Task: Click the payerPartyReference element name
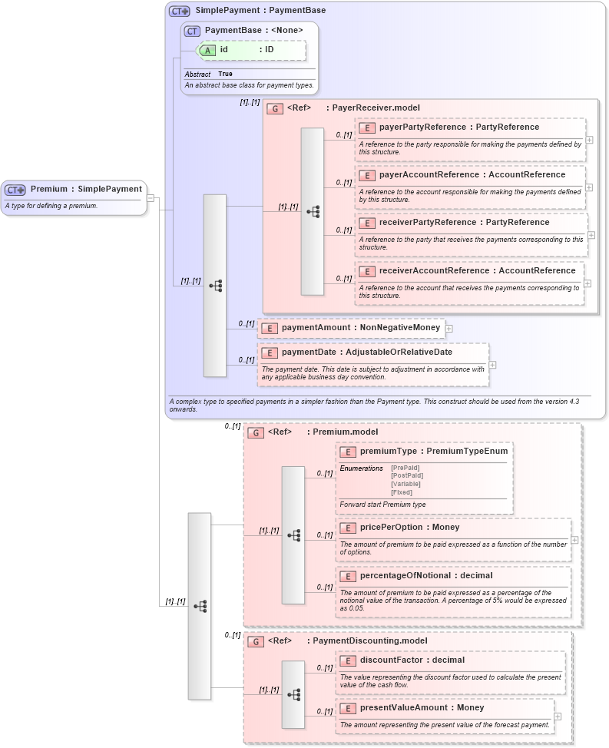pyautogui.click(x=422, y=127)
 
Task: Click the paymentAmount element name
pyautogui.click(x=316, y=328)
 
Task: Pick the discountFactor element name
pyautogui.click(x=395, y=660)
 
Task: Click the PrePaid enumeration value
pyautogui.click(x=406, y=468)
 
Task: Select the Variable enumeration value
pyautogui.click(x=406, y=484)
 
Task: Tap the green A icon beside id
pyautogui.click(x=207, y=50)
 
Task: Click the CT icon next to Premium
pyautogui.click(x=15, y=189)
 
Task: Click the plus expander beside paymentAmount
pyautogui.click(x=449, y=329)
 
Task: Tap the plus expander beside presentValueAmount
pyautogui.click(x=558, y=717)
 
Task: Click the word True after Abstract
pyautogui.click(x=225, y=74)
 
